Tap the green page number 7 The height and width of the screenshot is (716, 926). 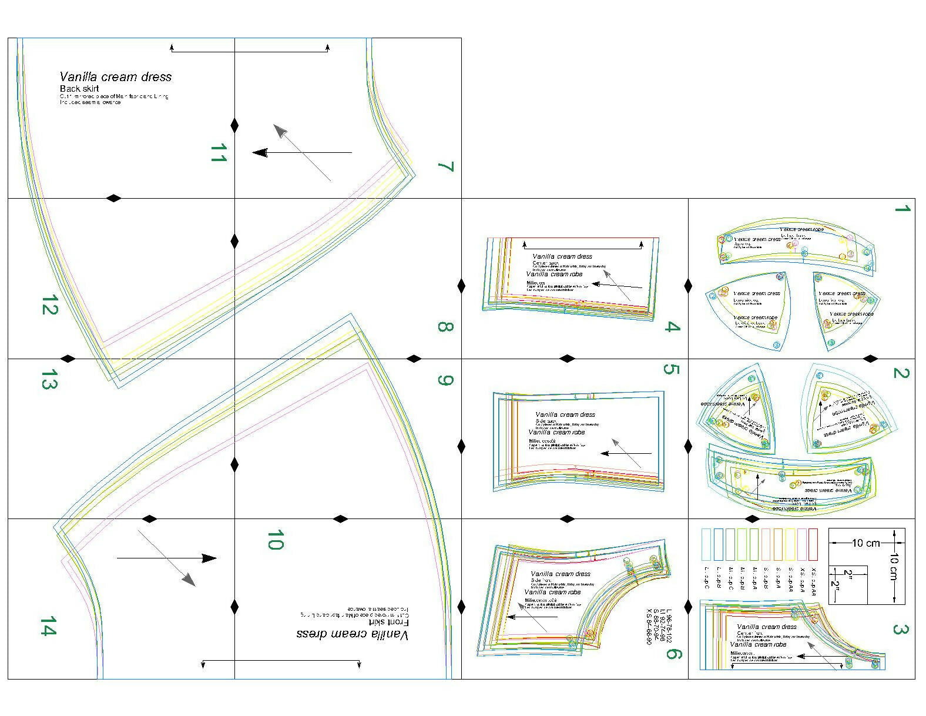(446, 166)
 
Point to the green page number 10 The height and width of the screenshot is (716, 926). (275, 540)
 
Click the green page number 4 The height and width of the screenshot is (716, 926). (671, 327)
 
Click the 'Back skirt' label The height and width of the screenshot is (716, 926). (79, 89)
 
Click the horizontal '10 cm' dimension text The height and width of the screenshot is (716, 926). (865, 543)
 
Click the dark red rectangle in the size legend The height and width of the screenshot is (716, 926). (813, 544)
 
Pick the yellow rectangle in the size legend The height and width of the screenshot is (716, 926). (790, 544)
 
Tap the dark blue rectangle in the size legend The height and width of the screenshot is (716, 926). (718, 544)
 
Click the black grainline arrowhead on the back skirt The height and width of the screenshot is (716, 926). (260, 153)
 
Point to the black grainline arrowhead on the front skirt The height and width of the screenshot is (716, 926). (209, 558)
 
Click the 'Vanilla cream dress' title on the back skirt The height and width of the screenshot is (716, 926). (116, 76)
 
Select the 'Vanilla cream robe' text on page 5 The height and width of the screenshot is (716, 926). (556, 432)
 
